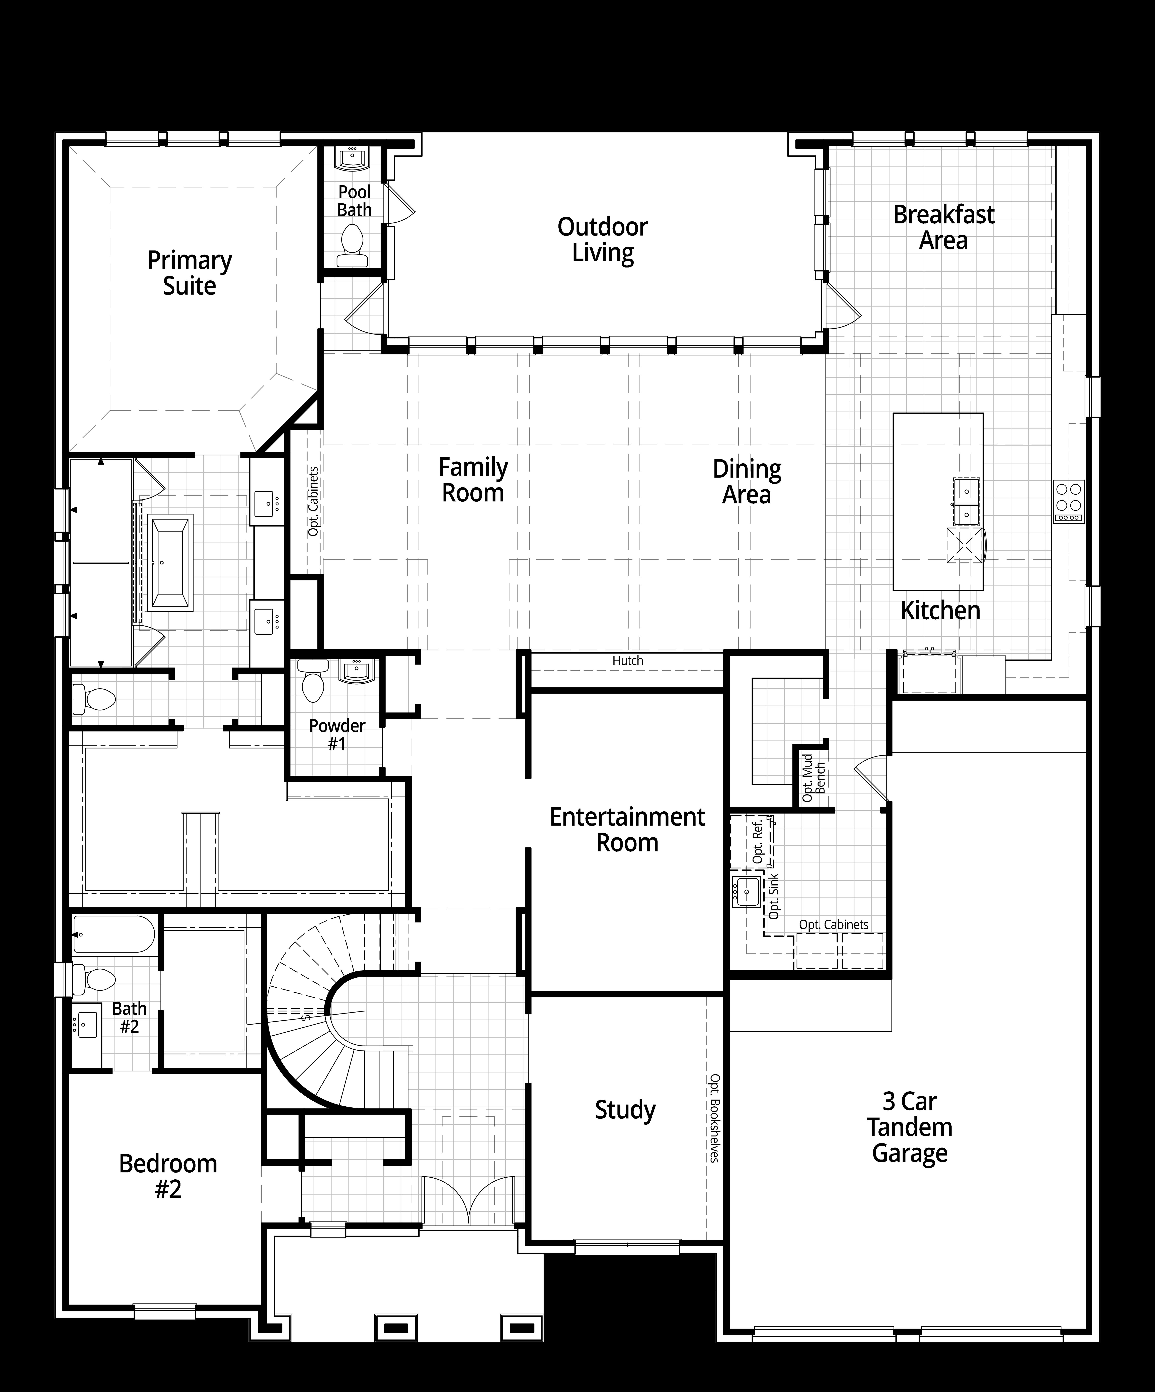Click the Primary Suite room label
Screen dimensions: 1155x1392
(189, 273)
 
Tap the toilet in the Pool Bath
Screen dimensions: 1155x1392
(351, 245)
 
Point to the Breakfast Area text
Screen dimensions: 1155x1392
(944, 227)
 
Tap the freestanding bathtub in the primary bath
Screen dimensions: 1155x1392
(171, 562)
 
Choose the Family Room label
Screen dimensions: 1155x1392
(473, 480)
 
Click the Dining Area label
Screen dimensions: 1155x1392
(747, 482)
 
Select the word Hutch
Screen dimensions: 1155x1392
(628, 660)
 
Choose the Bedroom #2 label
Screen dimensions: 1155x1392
(168, 1177)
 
